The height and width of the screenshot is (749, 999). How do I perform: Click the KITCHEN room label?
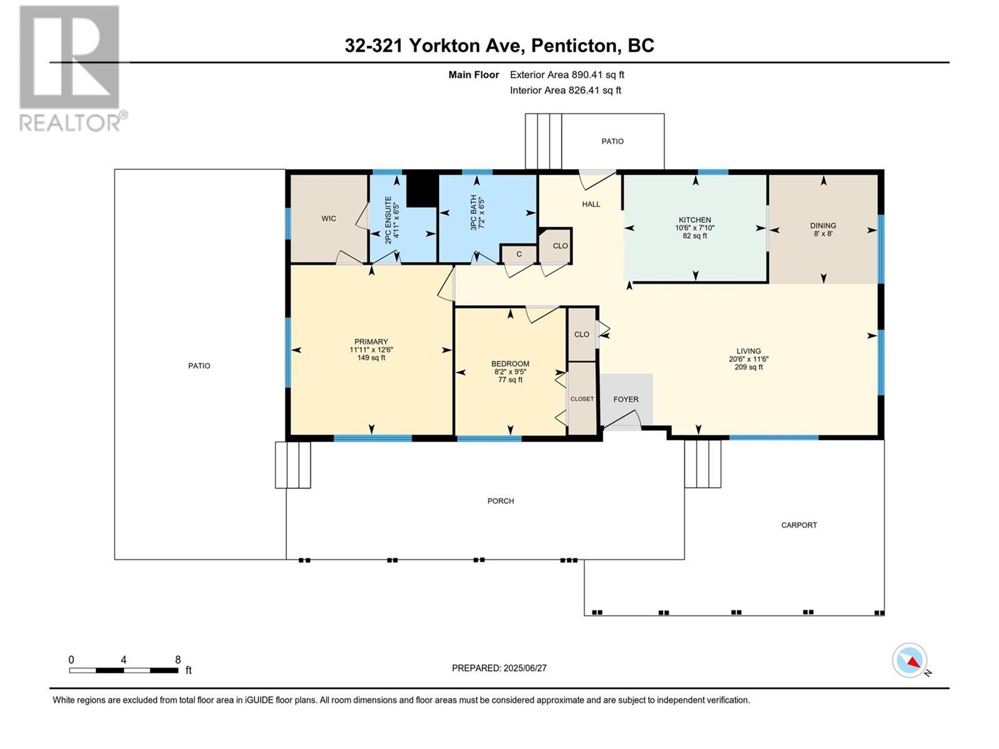pyautogui.click(x=694, y=220)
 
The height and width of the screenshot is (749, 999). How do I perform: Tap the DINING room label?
pyautogui.click(x=823, y=225)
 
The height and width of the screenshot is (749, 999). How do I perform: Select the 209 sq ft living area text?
pyautogui.click(x=749, y=367)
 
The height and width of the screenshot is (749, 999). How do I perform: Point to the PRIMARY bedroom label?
pyautogui.click(x=372, y=341)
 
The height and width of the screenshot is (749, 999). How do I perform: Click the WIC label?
pyautogui.click(x=328, y=218)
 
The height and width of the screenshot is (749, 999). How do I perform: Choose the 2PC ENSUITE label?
pyautogui.click(x=388, y=220)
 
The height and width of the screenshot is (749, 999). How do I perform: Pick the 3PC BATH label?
pyautogui.click(x=473, y=212)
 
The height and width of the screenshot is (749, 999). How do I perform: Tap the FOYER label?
pyautogui.click(x=626, y=399)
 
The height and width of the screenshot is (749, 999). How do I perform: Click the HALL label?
pyautogui.click(x=591, y=204)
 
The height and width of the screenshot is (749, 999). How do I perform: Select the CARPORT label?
pyautogui.click(x=799, y=525)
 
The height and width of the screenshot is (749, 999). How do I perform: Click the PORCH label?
pyautogui.click(x=501, y=501)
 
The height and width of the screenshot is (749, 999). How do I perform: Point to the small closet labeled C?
pyautogui.click(x=519, y=254)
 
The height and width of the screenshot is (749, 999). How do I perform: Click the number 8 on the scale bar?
pyautogui.click(x=178, y=659)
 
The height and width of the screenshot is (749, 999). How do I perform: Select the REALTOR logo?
pyautogui.click(x=73, y=69)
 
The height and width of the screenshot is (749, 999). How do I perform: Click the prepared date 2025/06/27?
pyautogui.click(x=524, y=668)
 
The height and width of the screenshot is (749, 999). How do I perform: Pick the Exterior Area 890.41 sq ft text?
pyautogui.click(x=567, y=74)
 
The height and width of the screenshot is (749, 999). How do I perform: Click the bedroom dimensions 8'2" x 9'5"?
pyautogui.click(x=510, y=371)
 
